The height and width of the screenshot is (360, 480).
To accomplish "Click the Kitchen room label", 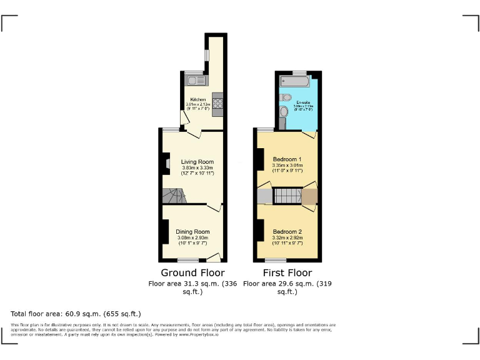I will coord(198,100).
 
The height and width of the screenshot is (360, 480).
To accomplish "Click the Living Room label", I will coord(193,162).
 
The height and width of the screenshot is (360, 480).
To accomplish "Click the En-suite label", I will coord(304,102).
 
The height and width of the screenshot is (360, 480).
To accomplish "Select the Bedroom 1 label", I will coord(287,159).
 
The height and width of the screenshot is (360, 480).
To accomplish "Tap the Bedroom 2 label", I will coord(287,231).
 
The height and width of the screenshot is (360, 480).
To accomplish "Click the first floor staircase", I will coord(287,196).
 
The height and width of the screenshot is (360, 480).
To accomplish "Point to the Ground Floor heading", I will coord(192,272).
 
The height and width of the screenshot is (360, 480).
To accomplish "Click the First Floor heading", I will coord(287,272).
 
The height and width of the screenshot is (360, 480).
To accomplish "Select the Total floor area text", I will coord(76,313).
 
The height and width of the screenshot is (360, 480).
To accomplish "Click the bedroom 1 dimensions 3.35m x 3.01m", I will coord(287,166).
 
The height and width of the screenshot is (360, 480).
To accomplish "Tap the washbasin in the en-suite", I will coord(286,97).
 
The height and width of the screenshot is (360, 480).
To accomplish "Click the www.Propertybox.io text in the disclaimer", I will coord(198,334).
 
